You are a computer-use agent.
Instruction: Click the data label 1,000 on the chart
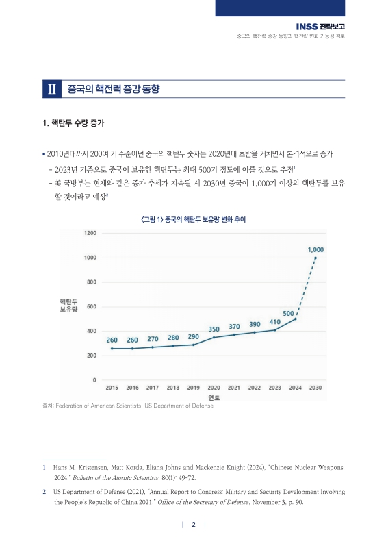(315, 250)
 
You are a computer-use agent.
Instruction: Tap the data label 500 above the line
(289, 313)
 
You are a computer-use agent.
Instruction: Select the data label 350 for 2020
(214, 329)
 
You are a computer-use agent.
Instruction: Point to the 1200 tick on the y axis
(90, 233)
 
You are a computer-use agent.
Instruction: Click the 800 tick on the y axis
(91, 282)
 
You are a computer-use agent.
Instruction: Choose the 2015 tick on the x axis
(112, 388)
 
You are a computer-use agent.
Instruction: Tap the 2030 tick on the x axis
(315, 388)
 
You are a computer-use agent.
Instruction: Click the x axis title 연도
(214, 397)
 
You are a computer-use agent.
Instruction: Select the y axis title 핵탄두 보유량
(69, 306)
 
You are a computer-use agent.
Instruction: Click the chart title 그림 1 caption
(193, 220)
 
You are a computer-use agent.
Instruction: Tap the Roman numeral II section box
(52, 90)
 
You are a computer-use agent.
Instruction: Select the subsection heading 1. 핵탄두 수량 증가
(74, 124)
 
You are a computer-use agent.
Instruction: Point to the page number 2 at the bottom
(194, 525)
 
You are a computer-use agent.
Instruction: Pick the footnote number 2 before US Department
(44, 492)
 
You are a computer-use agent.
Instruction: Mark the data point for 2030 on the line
(315, 258)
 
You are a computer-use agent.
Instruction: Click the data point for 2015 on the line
(112, 349)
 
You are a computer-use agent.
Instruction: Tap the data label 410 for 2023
(275, 322)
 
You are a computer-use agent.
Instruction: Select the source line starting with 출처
(128, 406)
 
